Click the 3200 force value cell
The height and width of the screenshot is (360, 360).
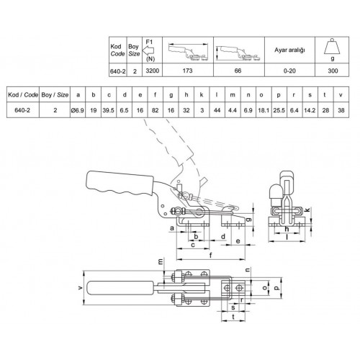pyautogui.click(x=153, y=71)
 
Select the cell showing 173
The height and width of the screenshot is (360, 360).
pyautogui.click(x=187, y=71)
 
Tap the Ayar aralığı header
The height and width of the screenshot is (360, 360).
pyautogui.click(x=289, y=50)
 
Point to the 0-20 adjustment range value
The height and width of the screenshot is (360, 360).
pyautogui.click(x=289, y=71)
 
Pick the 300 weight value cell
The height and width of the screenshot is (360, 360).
pyautogui.click(x=333, y=71)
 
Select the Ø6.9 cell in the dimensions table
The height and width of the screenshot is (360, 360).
pyautogui.click(x=78, y=110)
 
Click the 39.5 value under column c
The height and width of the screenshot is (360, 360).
pyautogui.click(x=109, y=110)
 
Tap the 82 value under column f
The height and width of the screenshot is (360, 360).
pyautogui.click(x=156, y=110)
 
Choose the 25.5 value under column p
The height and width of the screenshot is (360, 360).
pyautogui.click(x=279, y=110)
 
